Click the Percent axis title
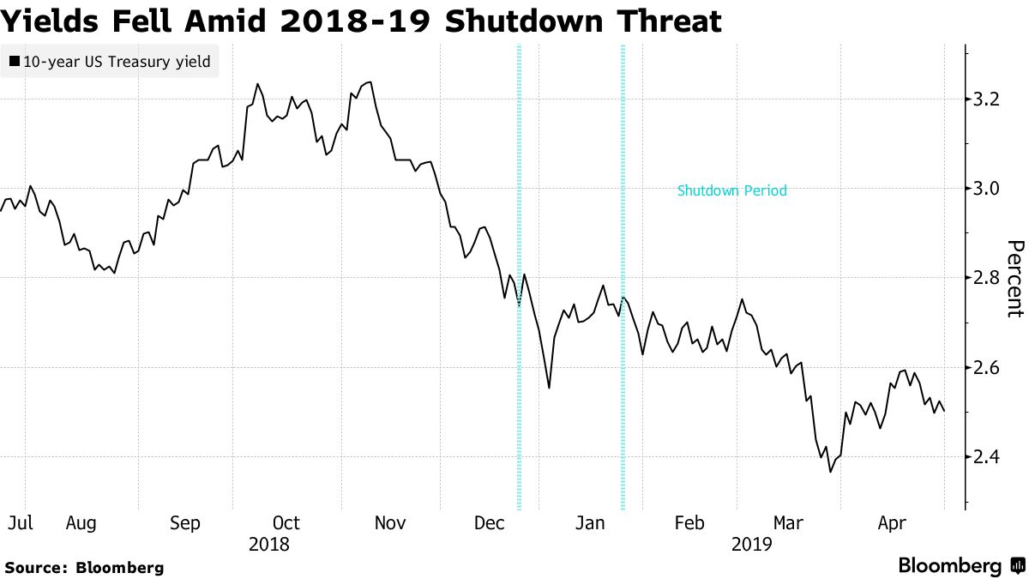click(x=1014, y=278)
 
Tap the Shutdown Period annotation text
click(x=731, y=191)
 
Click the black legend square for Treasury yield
click(x=14, y=62)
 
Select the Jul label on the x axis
click(x=20, y=523)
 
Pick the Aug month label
click(x=81, y=523)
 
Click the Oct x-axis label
click(x=286, y=523)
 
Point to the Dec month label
click(x=490, y=523)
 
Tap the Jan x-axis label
click(x=590, y=523)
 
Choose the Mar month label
click(x=788, y=523)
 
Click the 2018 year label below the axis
click(x=268, y=544)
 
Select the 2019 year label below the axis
click(x=752, y=544)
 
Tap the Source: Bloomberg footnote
click(x=84, y=567)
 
